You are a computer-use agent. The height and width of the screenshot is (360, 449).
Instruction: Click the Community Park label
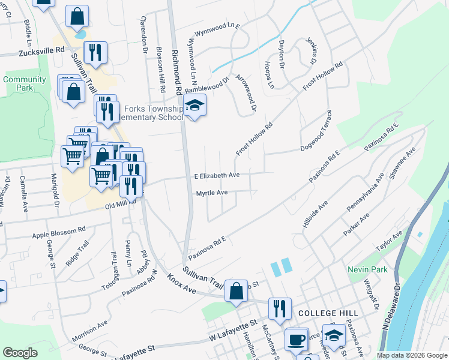(24, 83)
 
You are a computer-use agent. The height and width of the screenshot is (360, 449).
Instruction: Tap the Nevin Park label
(364, 270)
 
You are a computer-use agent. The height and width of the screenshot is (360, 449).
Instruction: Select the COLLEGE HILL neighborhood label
(328, 313)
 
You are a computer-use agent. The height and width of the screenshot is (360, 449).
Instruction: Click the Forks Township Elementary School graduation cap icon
(194, 106)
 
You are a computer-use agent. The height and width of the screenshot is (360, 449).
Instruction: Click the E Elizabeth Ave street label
(217, 175)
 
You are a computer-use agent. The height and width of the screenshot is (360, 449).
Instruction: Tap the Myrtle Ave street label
(212, 193)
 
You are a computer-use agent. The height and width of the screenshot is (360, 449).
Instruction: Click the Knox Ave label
(182, 285)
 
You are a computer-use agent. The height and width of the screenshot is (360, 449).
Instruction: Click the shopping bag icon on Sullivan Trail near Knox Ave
(237, 291)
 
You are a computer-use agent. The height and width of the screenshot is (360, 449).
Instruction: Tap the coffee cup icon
(296, 339)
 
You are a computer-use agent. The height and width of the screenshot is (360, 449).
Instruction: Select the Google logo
(20, 353)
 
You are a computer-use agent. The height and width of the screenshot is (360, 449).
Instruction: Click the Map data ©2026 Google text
(412, 355)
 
